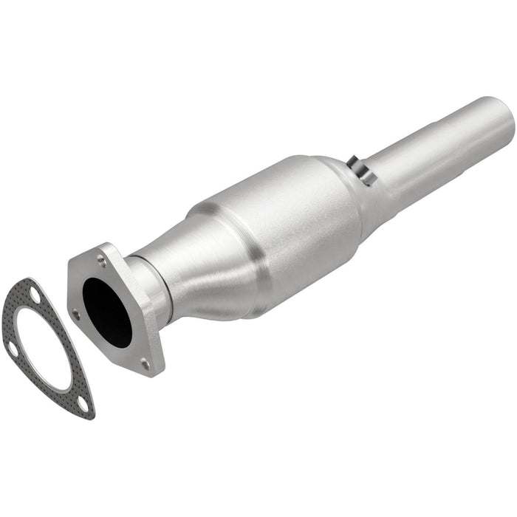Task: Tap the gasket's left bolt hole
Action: pos(13,349)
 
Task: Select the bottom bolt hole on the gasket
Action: pos(83,403)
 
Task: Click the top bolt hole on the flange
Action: pos(101,259)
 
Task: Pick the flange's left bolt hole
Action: pos(76,314)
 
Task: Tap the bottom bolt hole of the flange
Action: pos(145,363)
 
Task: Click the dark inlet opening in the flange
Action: pos(107,311)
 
